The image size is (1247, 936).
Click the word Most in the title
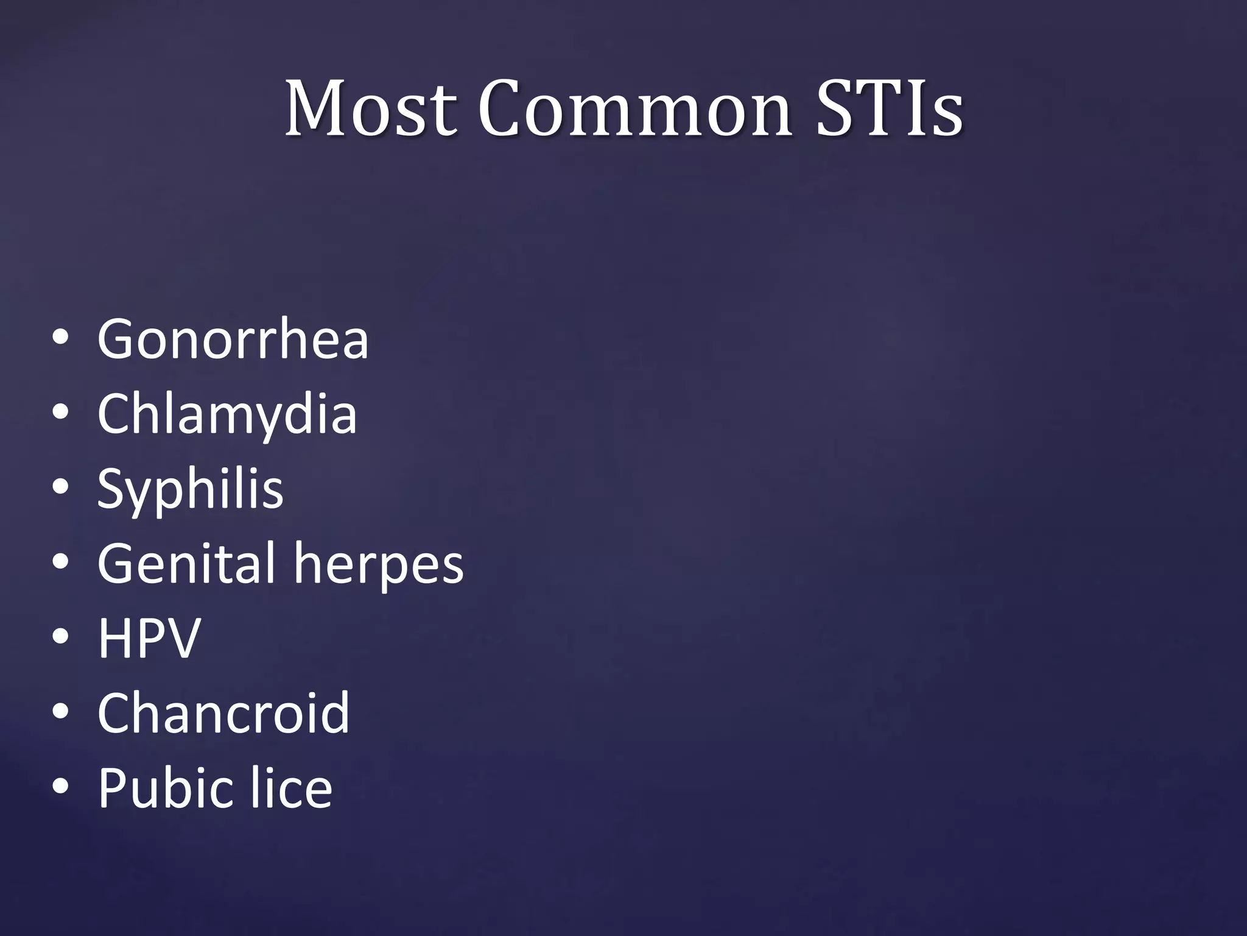point(370,108)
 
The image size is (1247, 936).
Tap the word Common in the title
point(634,108)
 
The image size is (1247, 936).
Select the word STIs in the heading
point(889,108)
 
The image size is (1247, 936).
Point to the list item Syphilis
point(190,490)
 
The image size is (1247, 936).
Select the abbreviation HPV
point(149,638)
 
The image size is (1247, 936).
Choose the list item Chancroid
point(223,712)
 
